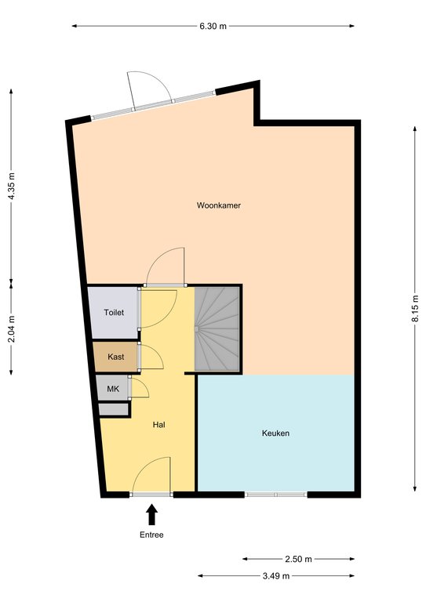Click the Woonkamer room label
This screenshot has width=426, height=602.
click(219, 205)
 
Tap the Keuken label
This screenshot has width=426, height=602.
click(275, 433)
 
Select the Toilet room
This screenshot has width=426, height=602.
click(113, 313)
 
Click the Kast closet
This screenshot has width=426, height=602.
click(115, 357)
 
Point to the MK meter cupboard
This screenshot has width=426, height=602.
click(112, 389)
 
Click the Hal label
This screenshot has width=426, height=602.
click(159, 425)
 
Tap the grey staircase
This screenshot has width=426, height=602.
click(217, 328)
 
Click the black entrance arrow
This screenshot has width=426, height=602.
click(152, 514)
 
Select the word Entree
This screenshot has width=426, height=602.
click(151, 535)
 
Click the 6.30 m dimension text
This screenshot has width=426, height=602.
click(213, 26)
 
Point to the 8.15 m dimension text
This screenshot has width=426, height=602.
click(415, 309)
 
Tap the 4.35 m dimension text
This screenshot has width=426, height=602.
click(12, 186)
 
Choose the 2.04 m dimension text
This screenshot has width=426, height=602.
click(12, 328)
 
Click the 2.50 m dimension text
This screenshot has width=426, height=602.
click(298, 559)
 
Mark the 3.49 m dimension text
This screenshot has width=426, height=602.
click(276, 576)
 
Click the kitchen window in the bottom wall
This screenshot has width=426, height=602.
click(276, 495)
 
